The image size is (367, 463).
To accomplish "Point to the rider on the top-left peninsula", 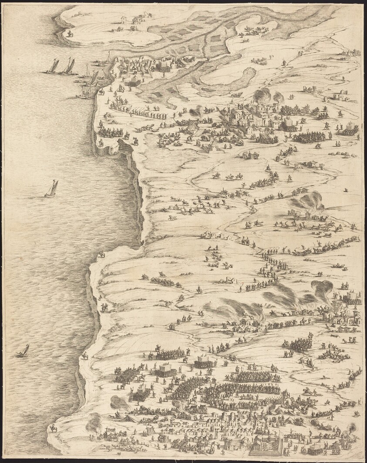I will pyautogui.click(x=70, y=34).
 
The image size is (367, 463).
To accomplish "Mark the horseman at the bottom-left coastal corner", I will pyautogui.click(x=53, y=428).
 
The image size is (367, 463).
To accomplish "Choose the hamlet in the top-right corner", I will pyautogui.click(x=349, y=53).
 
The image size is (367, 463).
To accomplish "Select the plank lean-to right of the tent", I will pyautogui.click(x=151, y=431).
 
